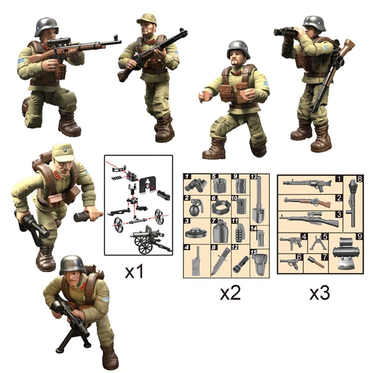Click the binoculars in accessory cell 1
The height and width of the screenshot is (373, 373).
(195, 185)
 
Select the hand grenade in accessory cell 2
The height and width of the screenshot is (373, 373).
(196, 207)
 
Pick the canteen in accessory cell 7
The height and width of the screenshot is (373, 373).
(221, 231)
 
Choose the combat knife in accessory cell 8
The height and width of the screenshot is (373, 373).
(221, 261)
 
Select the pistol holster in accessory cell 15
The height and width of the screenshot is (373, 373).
(260, 263)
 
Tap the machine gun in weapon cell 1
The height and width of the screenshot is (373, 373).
(307, 185)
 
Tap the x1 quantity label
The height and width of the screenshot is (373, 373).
(134, 272)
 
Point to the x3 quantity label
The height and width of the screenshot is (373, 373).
(319, 293)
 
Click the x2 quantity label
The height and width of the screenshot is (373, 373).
(230, 293)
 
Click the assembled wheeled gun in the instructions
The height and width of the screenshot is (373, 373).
(150, 240)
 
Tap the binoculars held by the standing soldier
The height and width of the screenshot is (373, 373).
(285, 32)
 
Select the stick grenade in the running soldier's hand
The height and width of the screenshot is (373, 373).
(88, 215)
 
